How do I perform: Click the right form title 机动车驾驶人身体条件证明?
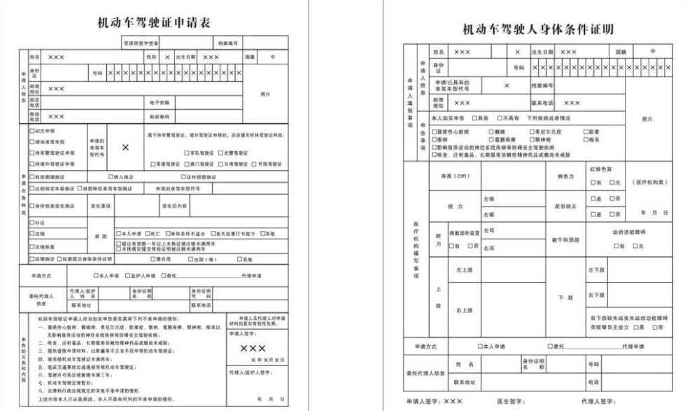539,29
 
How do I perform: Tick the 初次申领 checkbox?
31,131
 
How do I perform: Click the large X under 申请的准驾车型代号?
125,148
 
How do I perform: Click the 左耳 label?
489,230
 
